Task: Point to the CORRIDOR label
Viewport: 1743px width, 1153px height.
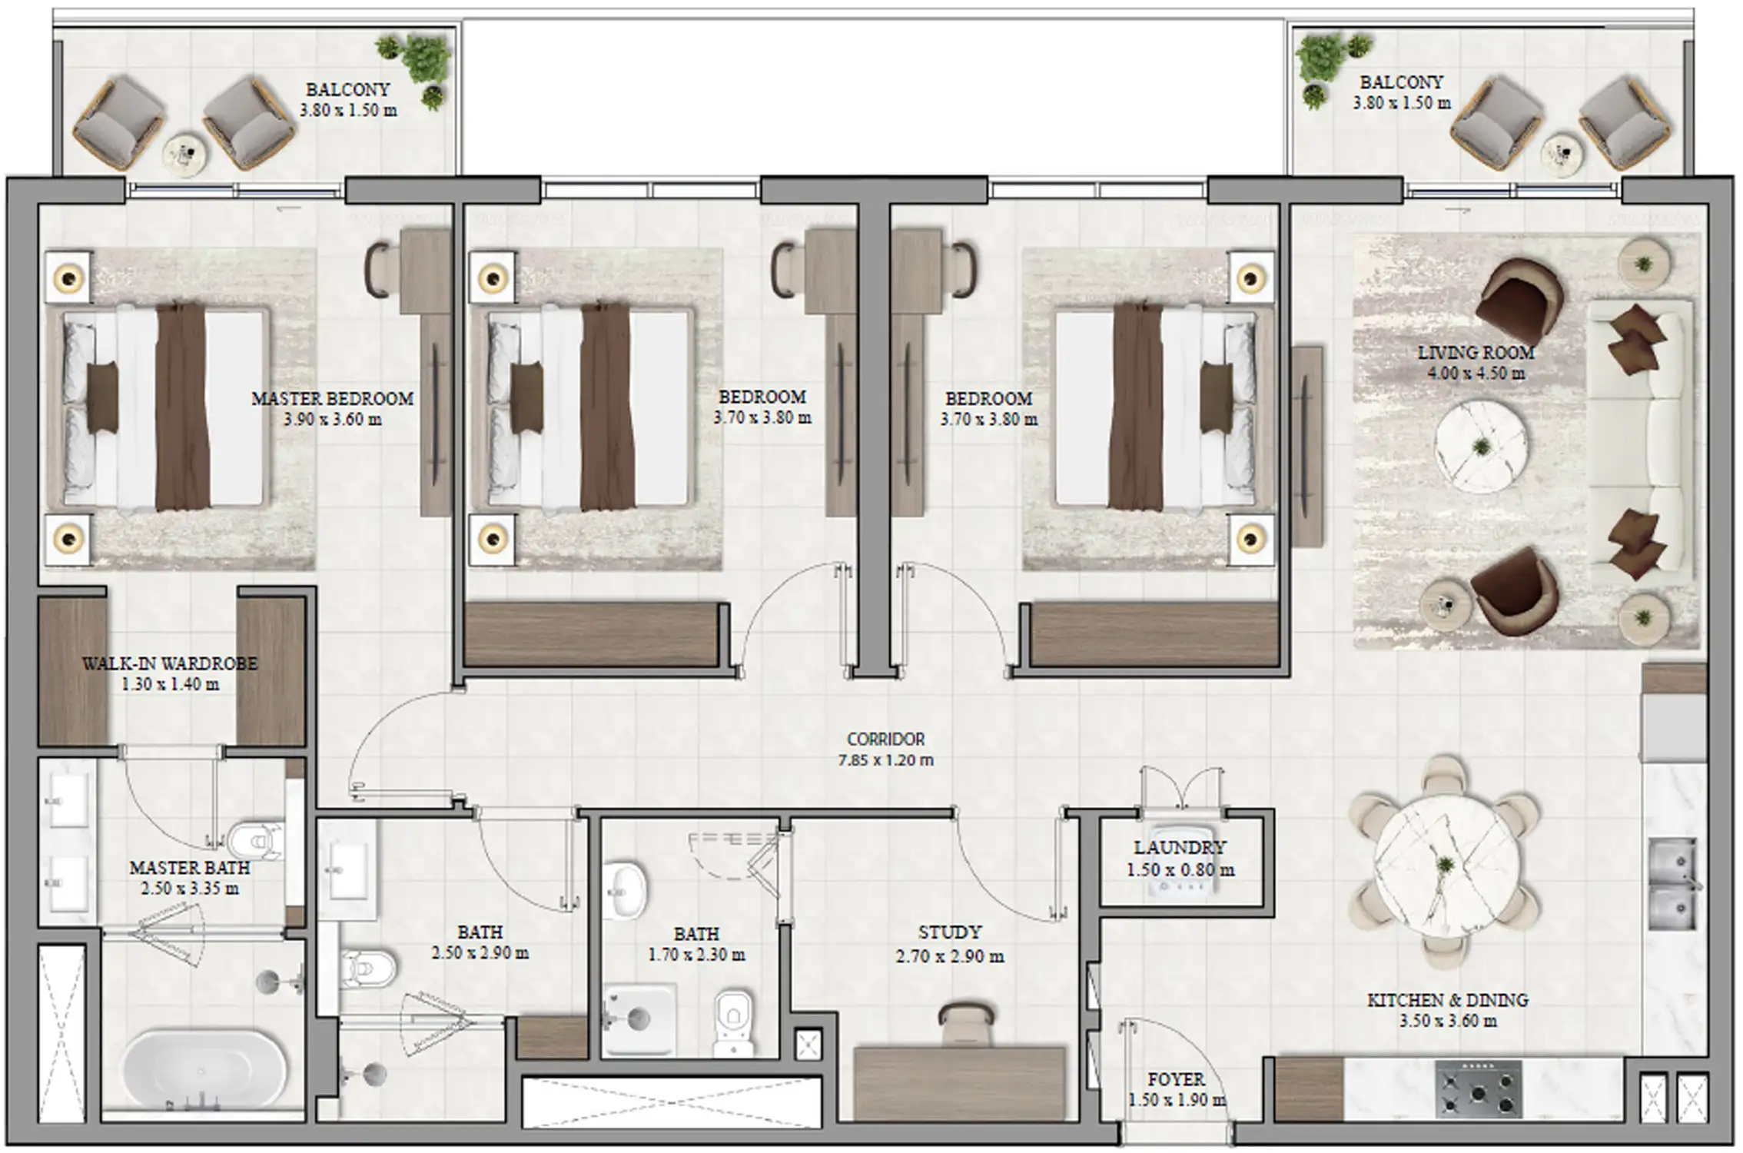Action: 885,739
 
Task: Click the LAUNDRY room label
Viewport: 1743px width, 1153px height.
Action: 1180,848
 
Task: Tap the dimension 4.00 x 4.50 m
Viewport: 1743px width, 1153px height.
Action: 1476,374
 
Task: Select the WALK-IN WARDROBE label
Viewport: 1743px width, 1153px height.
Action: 169,663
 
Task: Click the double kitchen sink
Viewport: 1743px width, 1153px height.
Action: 1673,884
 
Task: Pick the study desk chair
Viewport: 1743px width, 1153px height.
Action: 967,1022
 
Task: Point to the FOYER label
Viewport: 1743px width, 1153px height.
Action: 1176,1079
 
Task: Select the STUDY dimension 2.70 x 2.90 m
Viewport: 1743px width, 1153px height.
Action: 949,956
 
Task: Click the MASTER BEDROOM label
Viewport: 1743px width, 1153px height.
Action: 332,398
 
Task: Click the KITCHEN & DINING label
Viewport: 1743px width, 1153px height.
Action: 1447,1000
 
